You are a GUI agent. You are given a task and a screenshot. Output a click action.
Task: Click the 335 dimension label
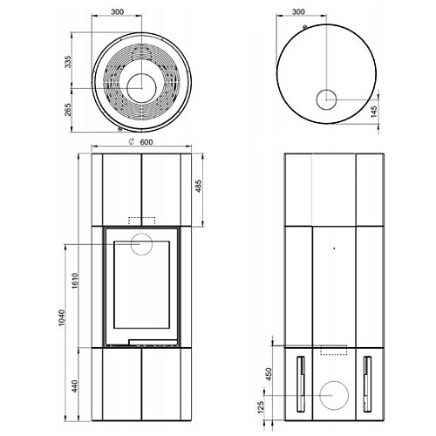[x=67, y=62]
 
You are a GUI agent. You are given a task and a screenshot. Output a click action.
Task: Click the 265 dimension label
[x=68, y=109]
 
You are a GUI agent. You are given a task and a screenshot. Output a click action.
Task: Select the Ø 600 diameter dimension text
[x=141, y=142]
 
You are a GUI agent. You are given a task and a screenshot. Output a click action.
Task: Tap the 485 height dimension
[x=198, y=186]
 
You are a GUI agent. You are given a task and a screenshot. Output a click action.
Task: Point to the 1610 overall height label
[x=75, y=281]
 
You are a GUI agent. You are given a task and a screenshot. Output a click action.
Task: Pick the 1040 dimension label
[x=62, y=317]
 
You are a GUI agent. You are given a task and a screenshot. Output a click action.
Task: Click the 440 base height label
[x=75, y=386]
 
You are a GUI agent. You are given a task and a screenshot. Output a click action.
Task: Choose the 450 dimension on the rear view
[x=269, y=374]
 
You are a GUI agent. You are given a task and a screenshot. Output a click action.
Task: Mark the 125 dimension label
[x=261, y=407]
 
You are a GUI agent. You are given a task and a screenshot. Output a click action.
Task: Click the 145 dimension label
[x=374, y=112]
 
